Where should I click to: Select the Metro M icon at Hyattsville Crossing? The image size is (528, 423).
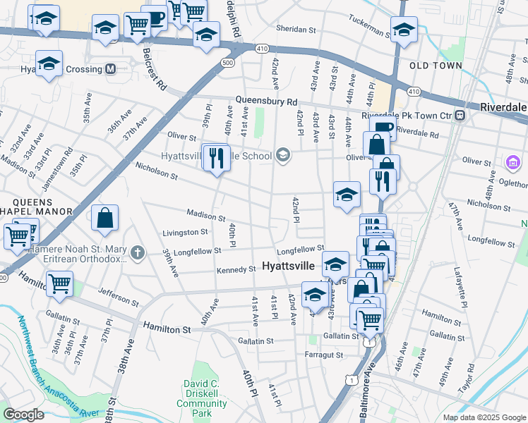[110, 69]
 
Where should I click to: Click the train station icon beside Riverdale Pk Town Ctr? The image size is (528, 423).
[460, 115]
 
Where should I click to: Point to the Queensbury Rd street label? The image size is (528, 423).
[267, 102]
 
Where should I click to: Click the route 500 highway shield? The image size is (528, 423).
[227, 63]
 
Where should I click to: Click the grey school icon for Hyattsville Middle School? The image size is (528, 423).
[282, 155]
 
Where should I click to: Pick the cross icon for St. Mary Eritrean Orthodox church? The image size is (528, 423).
[137, 252]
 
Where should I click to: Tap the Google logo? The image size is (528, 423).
[23, 415]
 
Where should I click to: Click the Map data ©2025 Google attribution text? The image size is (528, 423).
[484, 417]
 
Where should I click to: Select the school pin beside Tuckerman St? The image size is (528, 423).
[404, 30]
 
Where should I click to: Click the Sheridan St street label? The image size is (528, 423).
[296, 30]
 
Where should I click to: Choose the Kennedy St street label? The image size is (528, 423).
[236, 269]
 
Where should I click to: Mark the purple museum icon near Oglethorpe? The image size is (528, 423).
[512, 164]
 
